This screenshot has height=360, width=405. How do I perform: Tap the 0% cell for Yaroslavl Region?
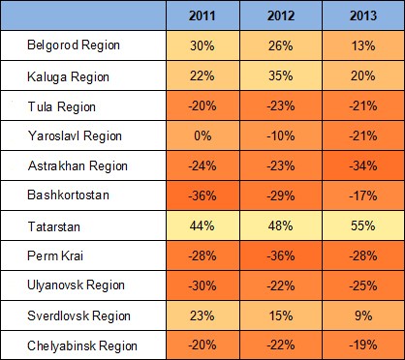[202, 135]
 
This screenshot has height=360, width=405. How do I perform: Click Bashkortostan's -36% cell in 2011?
[202, 195]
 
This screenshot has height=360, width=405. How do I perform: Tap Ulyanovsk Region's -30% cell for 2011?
[202, 285]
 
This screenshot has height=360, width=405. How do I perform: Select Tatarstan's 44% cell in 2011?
[202, 225]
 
